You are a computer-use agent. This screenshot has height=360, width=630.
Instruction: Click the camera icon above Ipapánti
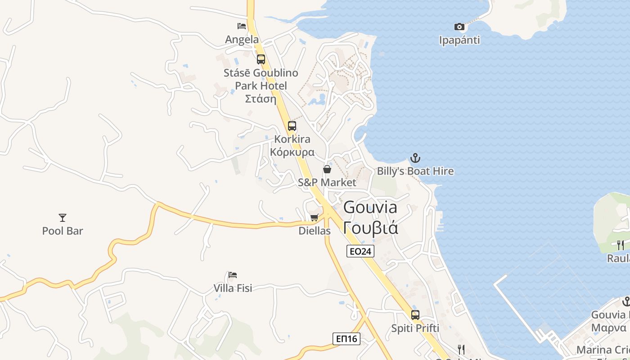[459, 27]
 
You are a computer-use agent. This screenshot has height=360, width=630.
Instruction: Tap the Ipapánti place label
[459, 40]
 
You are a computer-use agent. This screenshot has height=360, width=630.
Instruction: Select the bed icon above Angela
[242, 26]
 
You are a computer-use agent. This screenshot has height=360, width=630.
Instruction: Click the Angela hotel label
[242, 40]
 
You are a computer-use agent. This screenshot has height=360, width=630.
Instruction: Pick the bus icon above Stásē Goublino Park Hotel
[261, 59]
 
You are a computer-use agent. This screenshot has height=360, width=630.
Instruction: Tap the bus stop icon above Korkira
[292, 126]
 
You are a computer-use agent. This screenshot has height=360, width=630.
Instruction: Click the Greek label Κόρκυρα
[292, 152]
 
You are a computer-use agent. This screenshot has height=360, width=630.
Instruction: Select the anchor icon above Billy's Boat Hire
[415, 158]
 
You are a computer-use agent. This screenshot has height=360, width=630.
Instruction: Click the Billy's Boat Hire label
[415, 171]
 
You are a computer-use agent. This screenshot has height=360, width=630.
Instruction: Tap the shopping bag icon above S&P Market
[327, 169]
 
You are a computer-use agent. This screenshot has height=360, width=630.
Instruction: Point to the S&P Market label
[327, 182]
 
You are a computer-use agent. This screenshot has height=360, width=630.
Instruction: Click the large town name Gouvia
[370, 207]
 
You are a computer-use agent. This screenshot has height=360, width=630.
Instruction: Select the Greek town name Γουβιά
[370, 228]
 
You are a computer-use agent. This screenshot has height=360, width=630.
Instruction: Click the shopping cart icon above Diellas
[315, 218]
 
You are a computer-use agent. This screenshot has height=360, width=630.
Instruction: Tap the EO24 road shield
[360, 251]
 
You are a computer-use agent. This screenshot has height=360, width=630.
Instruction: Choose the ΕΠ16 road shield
[346, 338]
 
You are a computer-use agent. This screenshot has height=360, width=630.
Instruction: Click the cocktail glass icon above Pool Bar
[63, 218]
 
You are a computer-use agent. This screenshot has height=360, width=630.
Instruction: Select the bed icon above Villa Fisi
[233, 274]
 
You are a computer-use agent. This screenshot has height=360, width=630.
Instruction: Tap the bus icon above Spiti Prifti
[415, 315]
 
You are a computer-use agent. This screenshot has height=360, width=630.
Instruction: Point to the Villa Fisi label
[233, 288]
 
